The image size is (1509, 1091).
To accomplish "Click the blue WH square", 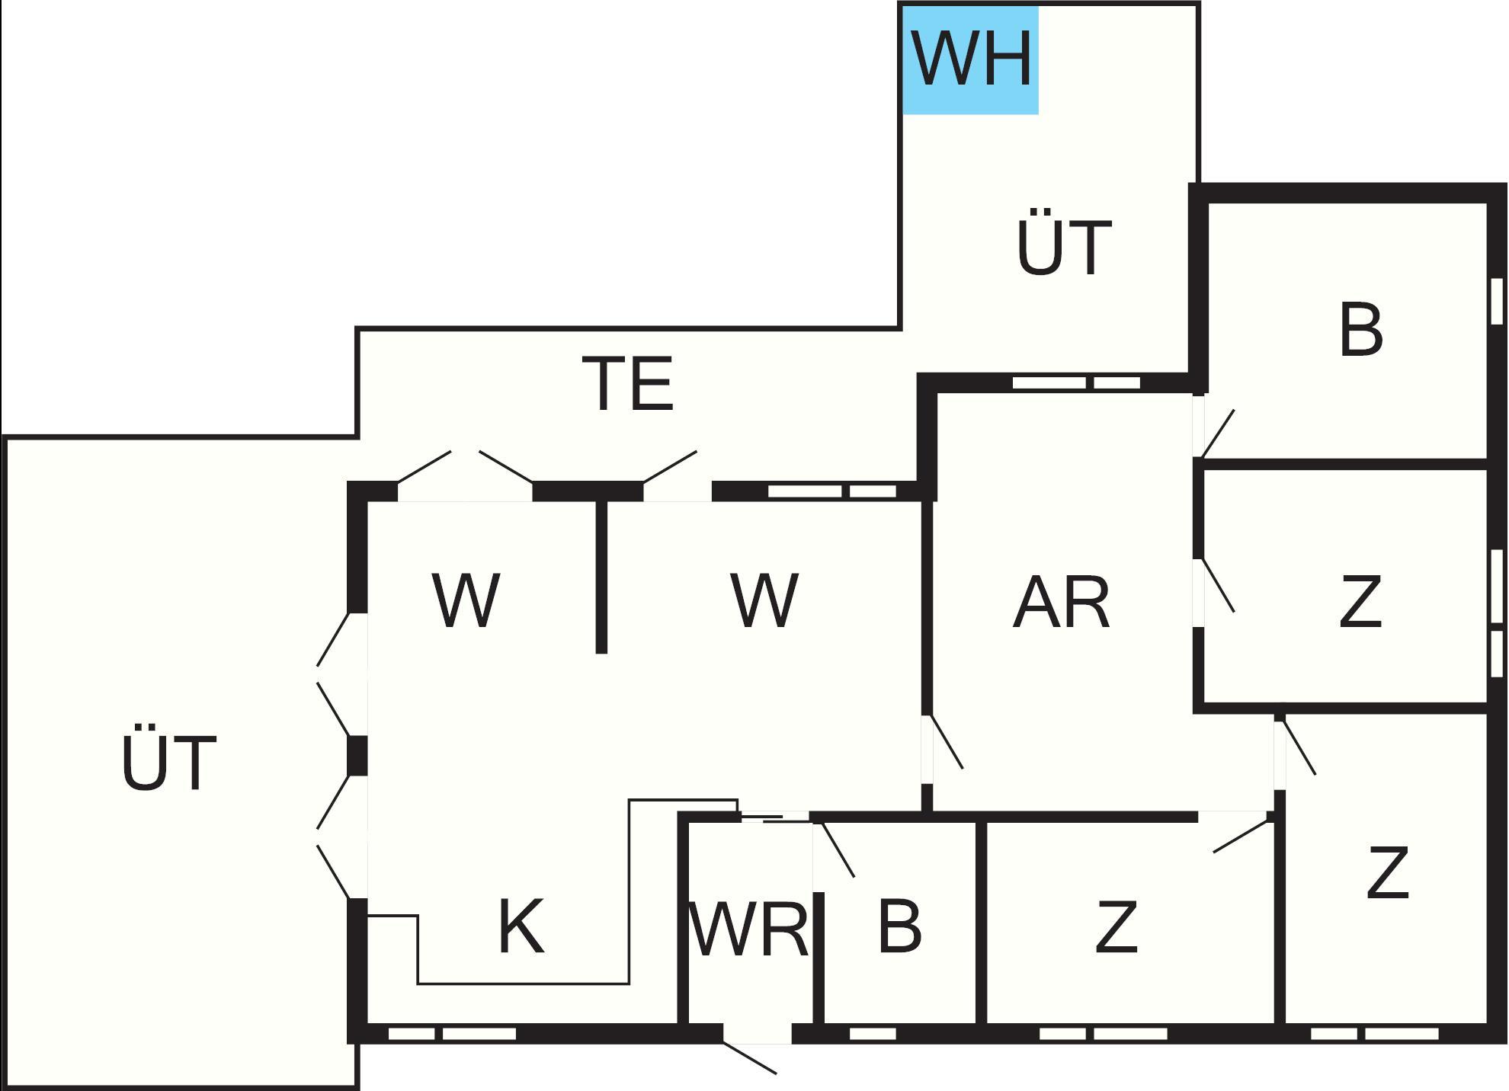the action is point(970,60).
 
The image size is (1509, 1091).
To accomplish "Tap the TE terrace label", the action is point(628,383).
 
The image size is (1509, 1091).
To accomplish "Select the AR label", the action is point(1061,602).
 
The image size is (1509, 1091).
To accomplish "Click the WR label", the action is point(748,929).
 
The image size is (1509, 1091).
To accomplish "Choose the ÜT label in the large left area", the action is point(168,762).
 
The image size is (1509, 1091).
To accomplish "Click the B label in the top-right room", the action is point(1360,330).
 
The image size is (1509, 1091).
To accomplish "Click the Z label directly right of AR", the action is point(1360,602).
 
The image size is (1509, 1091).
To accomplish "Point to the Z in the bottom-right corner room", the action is point(1387,872).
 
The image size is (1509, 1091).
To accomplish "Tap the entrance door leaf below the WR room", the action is point(750,1058).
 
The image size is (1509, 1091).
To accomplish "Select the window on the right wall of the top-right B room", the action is point(1497,301).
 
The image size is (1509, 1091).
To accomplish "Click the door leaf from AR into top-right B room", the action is point(1217,434).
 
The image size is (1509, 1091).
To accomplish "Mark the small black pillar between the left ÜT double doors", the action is point(357,756).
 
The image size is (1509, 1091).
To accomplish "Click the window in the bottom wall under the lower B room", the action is point(873,1034).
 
